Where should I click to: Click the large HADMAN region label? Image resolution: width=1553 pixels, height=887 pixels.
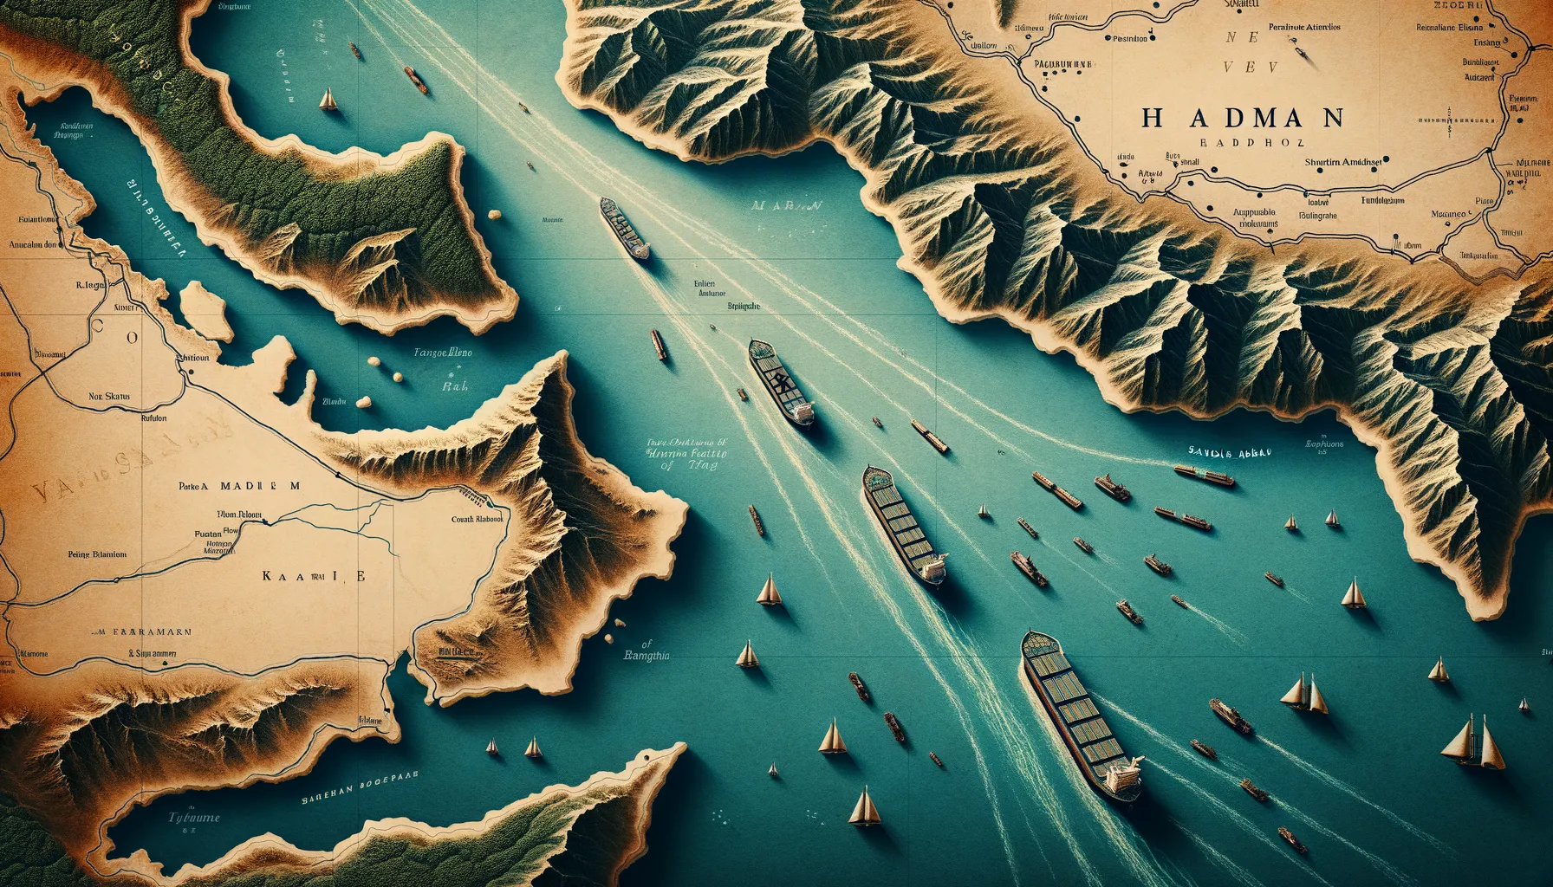[1242, 117]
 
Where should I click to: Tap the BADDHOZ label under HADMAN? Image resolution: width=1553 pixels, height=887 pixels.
[1248, 143]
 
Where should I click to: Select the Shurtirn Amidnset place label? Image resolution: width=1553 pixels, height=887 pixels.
[1343, 161]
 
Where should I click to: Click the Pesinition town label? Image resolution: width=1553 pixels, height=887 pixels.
[1129, 38]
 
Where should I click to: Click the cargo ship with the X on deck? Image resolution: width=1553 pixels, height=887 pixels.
[781, 381]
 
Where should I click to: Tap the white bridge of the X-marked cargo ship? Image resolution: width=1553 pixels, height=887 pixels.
[801, 411]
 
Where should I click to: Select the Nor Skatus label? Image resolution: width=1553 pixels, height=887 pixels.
[109, 397]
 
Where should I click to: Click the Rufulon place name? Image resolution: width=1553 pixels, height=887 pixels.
[153, 418]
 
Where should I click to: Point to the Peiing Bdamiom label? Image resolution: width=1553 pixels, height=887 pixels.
[97, 554]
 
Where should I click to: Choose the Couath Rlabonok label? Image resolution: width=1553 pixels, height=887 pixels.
[478, 520]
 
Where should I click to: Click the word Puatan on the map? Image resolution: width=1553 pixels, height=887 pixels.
[208, 535]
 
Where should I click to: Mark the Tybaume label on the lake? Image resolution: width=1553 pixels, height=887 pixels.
[194, 817]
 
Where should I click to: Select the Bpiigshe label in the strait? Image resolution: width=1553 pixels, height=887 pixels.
[743, 306]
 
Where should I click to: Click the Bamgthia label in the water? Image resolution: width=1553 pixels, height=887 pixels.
[647, 656]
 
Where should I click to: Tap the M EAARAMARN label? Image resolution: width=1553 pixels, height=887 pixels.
[144, 632]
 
